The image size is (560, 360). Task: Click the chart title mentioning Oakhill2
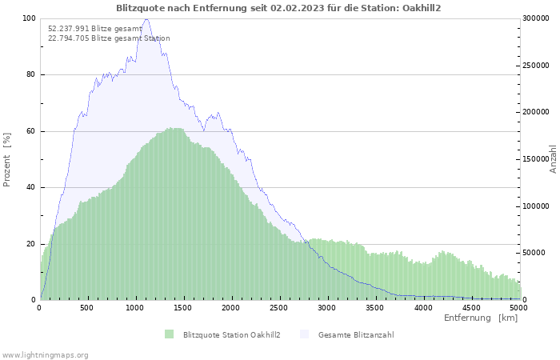pos(278,7)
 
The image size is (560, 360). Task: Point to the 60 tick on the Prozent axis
pos(31,131)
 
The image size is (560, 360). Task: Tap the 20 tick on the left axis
pos(31,244)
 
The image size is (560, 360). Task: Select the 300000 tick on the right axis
pos(535,18)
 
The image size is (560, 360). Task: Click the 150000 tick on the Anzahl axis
pos(535,159)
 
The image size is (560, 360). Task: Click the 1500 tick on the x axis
pos(183,307)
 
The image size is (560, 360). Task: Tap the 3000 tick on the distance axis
pos(327,307)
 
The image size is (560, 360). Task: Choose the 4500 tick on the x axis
pos(470,307)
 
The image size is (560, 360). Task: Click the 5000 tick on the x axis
pos(518,307)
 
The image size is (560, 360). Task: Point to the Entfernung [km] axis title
pos(481,318)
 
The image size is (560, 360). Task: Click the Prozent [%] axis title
pos(7,159)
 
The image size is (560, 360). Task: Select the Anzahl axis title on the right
pos(553,159)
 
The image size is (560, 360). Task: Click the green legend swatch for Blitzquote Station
pos(169,334)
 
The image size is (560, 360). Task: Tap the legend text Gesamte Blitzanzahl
pos(356,334)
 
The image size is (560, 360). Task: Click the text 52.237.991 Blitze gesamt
pos(94,29)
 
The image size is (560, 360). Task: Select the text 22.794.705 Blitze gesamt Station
pos(109,38)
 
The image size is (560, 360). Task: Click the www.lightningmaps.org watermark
pos(45,354)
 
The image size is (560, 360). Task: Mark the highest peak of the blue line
pos(146,19)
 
